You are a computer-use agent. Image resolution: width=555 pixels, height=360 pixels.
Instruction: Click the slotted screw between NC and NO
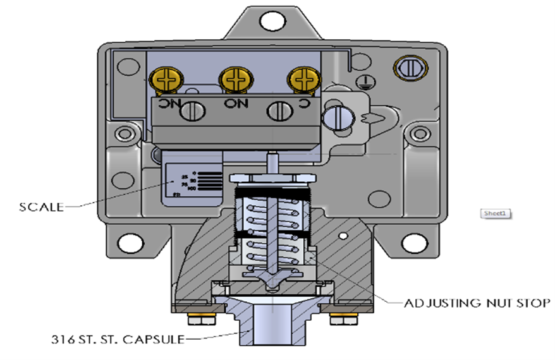tap(192, 112)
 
